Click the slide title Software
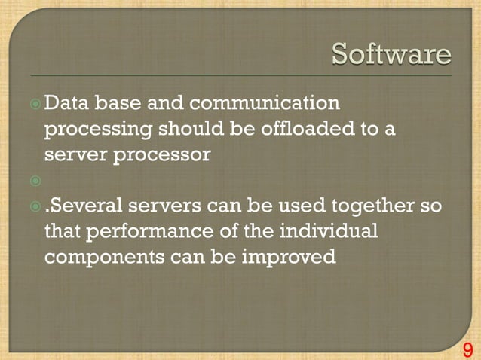click(x=391, y=55)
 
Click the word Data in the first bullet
click(x=67, y=102)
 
